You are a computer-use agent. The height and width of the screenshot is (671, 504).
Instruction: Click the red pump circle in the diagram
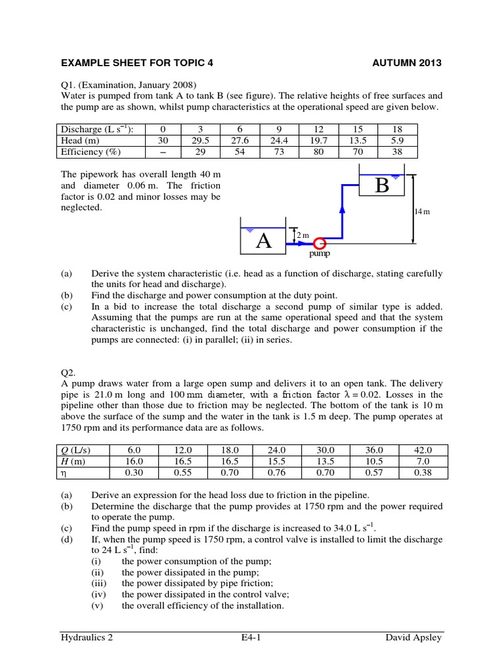[x=320, y=242]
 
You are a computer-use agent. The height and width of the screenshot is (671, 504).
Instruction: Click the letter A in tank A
[x=264, y=240]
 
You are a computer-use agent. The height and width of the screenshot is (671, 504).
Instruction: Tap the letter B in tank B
[x=382, y=185]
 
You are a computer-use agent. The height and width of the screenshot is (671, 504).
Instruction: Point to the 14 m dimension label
[x=421, y=212]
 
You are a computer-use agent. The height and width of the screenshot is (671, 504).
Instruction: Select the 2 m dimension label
[x=302, y=235]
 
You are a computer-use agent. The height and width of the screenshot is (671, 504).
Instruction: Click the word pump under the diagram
[x=320, y=253]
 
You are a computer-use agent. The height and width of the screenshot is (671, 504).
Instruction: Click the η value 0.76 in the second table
[x=278, y=472]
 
